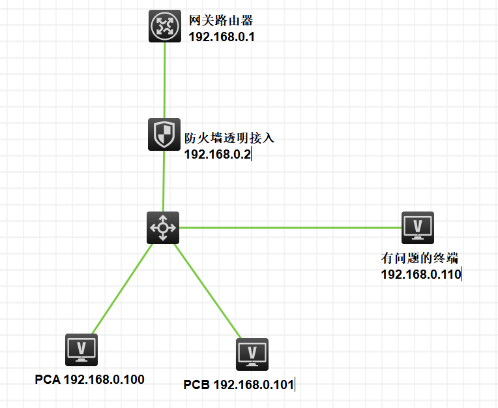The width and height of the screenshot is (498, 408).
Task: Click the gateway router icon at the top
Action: pyautogui.click(x=164, y=26)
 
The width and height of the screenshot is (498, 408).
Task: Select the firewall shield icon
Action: pyautogui.click(x=164, y=134)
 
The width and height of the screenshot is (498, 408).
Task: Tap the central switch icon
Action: pyautogui.click(x=162, y=227)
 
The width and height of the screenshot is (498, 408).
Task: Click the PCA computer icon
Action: pyautogui.click(x=81, y=349)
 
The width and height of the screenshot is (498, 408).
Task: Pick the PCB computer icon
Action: pyautogui.click(x=252, y=354)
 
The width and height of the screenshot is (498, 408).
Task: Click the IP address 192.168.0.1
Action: pyautogui.click(x=221, y=37)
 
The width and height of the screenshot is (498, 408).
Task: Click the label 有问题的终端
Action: pyautogui.click(x=415, y=258)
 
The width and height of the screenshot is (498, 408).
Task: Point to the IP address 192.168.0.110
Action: pyautogui.click(x=420, y=274)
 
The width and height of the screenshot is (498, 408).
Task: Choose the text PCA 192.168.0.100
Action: pyautogui.click(x=89, y=379)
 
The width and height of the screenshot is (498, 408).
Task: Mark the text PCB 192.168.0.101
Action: pyautogui.click(x=239, y=384)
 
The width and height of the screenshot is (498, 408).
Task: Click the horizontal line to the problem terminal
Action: pyautogui.click(x=290, y=228)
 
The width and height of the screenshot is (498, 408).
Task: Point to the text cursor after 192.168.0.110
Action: pyautogui.click(x=461, y=274)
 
